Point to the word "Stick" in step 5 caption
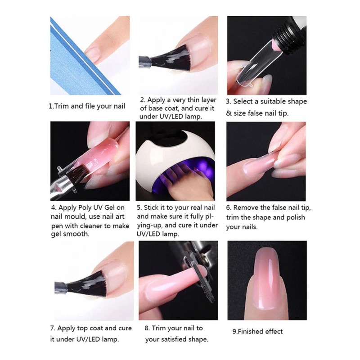pos(153,208)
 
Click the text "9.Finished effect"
pos(257,332)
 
